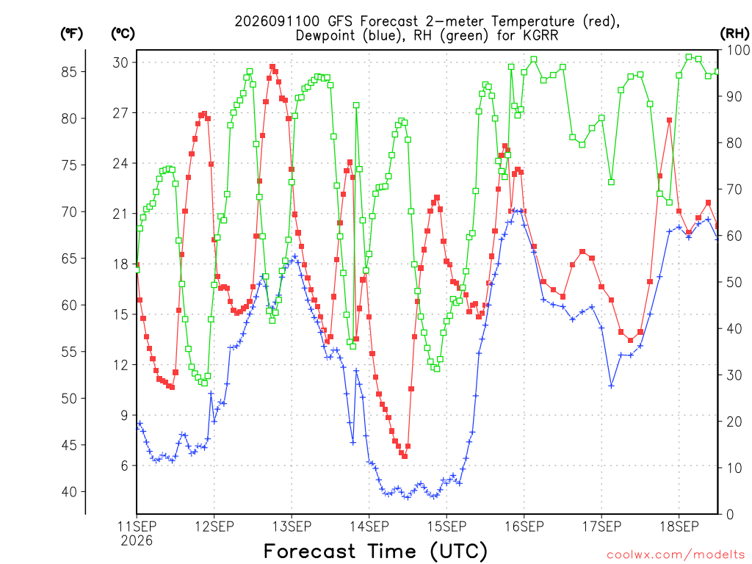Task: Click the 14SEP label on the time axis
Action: click(x=369, y=527)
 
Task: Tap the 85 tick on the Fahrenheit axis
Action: click(x=69, y=72)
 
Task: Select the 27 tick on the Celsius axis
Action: click(x=121, y=113)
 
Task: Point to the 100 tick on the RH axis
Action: click(x=739, y=50)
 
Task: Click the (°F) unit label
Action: click(x=71, y=34)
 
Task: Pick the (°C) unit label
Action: click(x=123, y=34)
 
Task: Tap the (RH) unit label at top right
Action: click(x=734, y=33)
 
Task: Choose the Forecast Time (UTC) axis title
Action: click(x=375, y=551)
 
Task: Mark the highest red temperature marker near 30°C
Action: click(x=272, y=67)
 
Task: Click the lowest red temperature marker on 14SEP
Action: click(x=405, y=456)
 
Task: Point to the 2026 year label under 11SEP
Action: click(x=137, y=541)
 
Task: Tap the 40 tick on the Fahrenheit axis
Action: click(x=69, y=491)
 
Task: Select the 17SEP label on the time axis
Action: click(x=602, y=527)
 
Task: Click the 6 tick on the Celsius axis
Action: click(x=125, y=466)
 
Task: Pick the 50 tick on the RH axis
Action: click(x=734, y=283)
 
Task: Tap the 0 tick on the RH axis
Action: click(x=731, y=515)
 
